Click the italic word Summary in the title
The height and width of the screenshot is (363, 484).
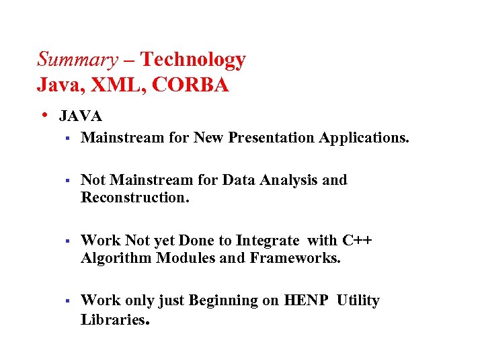[77, 60]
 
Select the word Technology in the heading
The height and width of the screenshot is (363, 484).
[194, 60]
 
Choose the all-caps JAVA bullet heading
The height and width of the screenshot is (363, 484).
[81, 116]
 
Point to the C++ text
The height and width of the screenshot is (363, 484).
[357, 240]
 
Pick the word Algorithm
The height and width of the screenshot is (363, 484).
[116, 258]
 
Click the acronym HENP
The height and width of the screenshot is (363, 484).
[307, 300]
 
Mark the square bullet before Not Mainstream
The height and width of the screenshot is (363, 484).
[67, 181]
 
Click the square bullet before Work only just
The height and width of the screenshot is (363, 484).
[67, 301]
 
